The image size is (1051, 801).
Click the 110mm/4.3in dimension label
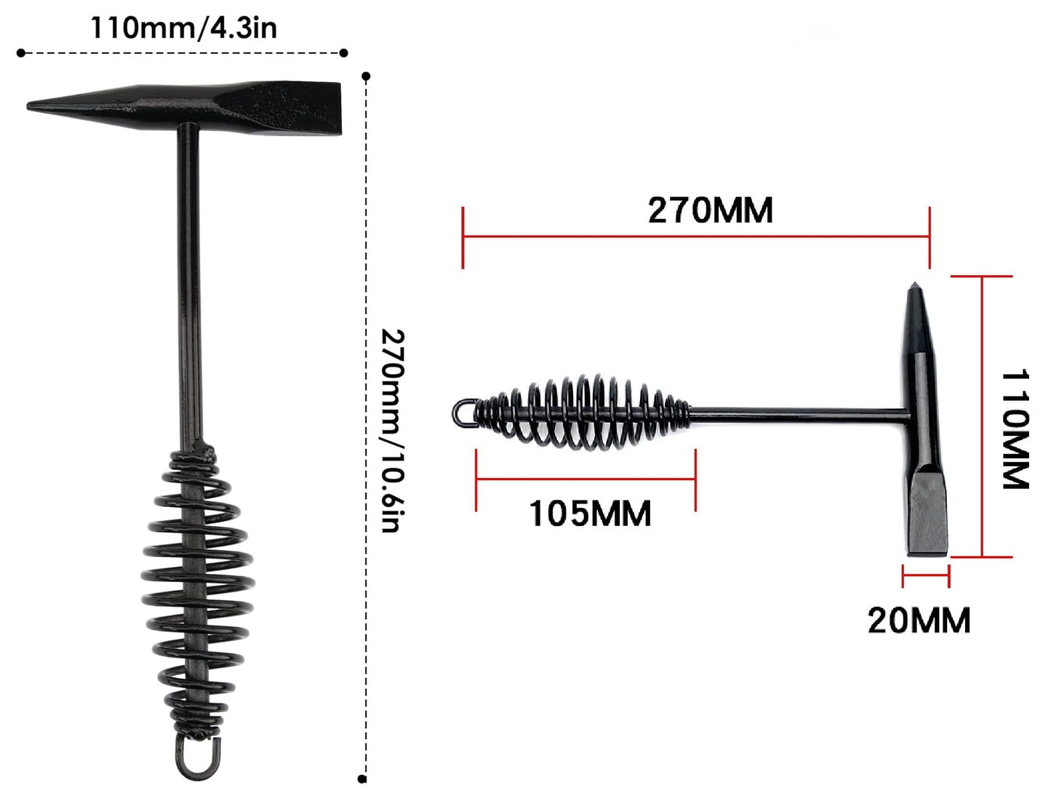183,28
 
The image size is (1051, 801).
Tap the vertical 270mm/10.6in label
393,430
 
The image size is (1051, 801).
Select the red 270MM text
710,210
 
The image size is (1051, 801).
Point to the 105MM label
590,514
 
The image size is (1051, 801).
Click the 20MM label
919,621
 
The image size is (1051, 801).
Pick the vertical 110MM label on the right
1015,429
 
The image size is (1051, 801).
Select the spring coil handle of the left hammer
197,589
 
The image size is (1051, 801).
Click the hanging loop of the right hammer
463,413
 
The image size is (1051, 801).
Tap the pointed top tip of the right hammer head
914,286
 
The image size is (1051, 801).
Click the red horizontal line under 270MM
696,236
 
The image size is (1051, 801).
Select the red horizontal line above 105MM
586,479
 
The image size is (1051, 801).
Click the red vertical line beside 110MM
982,416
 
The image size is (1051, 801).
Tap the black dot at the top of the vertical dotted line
366,76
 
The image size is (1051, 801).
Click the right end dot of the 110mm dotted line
344,52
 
